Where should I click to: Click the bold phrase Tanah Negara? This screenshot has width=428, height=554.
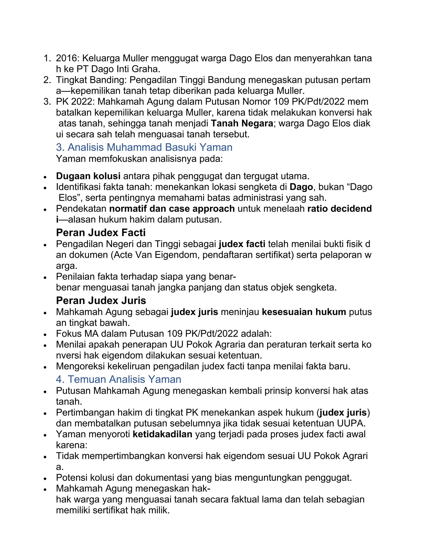pyautogui.click(x=242, y=123)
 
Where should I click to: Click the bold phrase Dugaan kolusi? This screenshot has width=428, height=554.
pyautogui.click(x=88, y=176)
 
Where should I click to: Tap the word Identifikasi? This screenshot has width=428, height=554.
pyautogui.click(x=78, y=187)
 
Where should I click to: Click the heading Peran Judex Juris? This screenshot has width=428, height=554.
pyautogui.click(x=101, y=301)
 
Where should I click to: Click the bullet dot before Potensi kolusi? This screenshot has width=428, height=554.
pyautogui.click(x=45, y=479)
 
